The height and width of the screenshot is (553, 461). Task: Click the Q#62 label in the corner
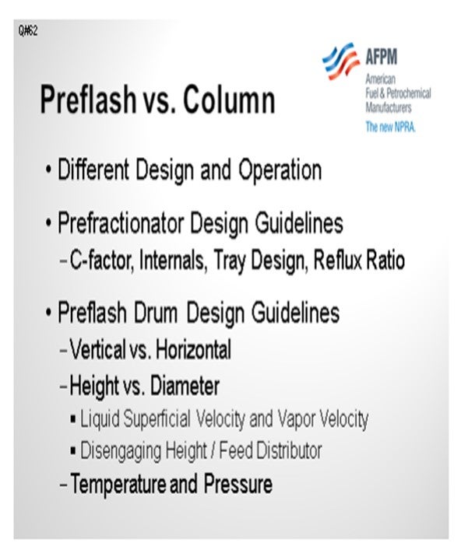(x=28, y=31)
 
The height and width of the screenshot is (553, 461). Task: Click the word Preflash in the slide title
(x=89, y=100)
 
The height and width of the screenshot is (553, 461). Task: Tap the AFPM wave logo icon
(x=341, y=61)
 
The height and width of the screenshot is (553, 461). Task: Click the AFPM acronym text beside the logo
(x=382, y=57)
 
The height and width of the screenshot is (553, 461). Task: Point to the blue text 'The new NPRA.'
(x=390, y=127)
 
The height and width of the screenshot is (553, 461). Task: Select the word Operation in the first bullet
(x=280, y=170)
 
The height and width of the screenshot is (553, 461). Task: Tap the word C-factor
(x=100, y=261)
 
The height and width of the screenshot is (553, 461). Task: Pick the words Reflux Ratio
(x=359, y=260)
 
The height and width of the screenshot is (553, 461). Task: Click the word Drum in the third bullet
(x=155, y=313)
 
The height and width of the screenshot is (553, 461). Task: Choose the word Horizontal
(x=193, y=349)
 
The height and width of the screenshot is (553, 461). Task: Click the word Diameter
(x=185, y=386)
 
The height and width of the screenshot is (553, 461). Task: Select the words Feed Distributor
(x=270, y=450)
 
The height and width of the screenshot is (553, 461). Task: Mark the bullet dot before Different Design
(x=48, y=171)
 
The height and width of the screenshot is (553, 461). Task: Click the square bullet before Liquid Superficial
(x=73, y=420)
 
